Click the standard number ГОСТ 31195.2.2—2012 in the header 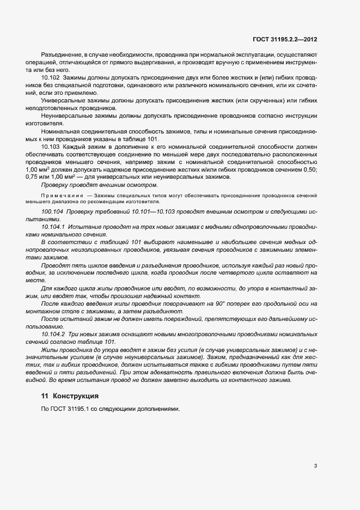tap(285, 39)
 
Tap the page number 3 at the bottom tap(316, 466)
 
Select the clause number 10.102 tap(50, 79)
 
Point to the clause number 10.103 tap(50, 147)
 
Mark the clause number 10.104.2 tap(53, 333)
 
